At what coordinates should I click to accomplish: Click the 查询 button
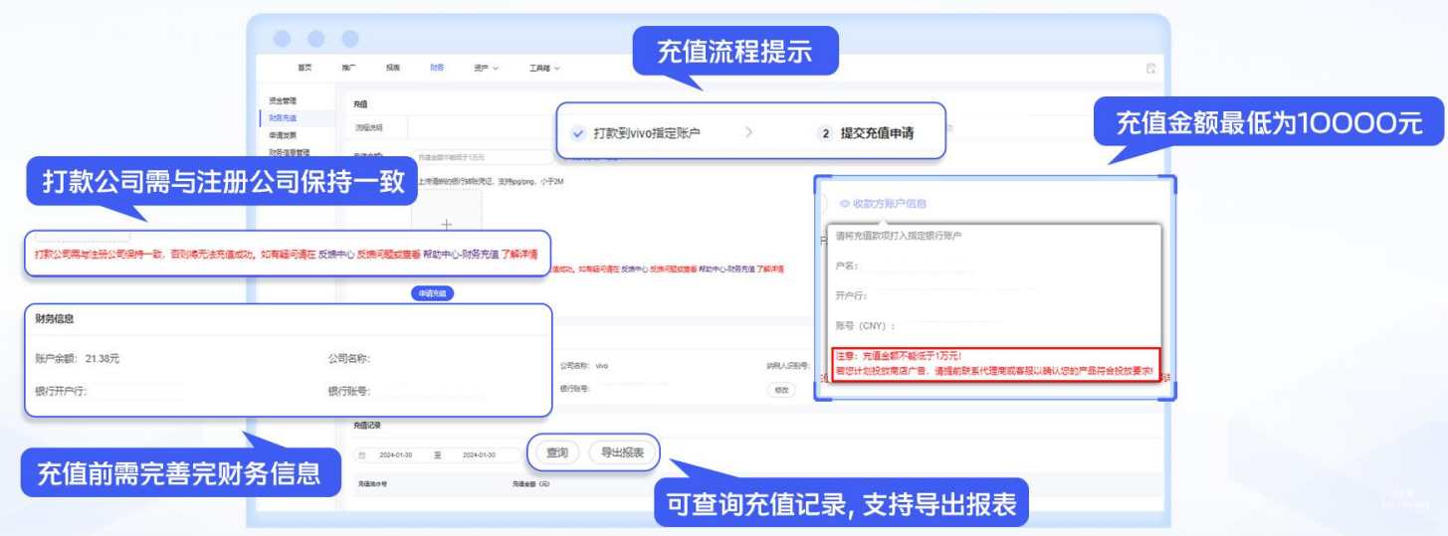(557, 452)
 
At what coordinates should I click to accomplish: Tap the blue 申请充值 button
(432, 293)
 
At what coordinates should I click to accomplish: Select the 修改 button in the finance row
(782, 390)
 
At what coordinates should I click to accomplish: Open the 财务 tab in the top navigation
(437, 68)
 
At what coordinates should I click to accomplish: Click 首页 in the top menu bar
(305, 68)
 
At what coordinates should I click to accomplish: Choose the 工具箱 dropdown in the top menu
(543, 68)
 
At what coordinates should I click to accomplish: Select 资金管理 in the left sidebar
(283, 100)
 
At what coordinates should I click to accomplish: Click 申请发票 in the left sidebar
(283, 135)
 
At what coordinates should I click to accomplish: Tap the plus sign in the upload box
(447, 224)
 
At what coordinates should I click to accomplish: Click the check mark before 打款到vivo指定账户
(578, 132)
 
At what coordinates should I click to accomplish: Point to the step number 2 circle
(825, 132)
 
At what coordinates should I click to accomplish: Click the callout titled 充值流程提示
(734, 52)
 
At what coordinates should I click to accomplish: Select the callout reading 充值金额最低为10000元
(1268, 123)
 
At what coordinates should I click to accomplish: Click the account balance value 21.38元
(103, 358)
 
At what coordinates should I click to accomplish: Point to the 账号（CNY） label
(865, 325)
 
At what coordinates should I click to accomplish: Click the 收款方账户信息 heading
(889, 203)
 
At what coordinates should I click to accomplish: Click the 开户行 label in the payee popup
(851, 295)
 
